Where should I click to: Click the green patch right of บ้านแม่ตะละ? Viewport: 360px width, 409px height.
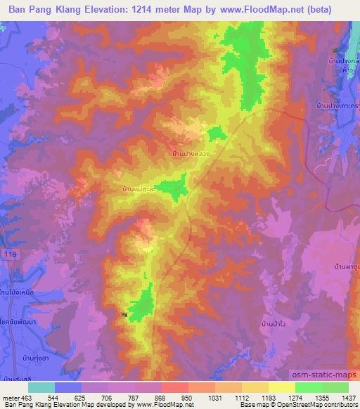click(x=170, y=188)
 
